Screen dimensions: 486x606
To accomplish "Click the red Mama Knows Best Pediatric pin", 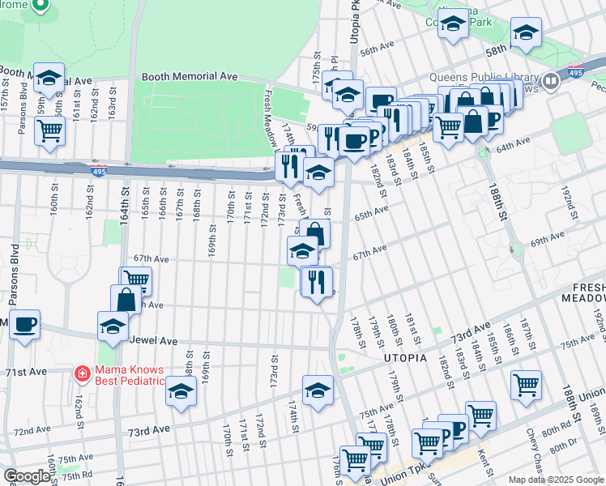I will (82, 373).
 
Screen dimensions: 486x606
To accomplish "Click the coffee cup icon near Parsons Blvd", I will (24, 325).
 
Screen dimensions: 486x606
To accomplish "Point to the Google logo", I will (26, 476).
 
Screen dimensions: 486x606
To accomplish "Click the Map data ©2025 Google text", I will (556, 480).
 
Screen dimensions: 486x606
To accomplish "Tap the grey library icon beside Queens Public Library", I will (551, 80).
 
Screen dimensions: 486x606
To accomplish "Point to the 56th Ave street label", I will (377, 50).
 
